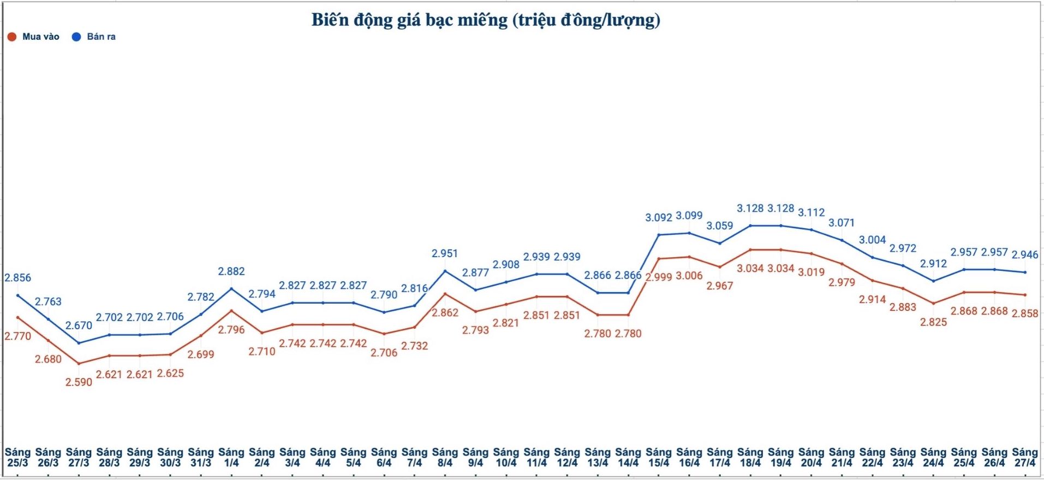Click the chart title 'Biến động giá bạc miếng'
pos(485,20)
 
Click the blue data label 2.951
pos(445,253)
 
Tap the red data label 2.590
pos(79,382)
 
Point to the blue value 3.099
pos(689,216)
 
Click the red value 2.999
pos(659,277)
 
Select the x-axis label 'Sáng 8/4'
pos(445,458)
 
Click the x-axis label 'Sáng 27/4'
pos(1025,458)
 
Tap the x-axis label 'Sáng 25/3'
pos(17,458)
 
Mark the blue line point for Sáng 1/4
pos(231,288)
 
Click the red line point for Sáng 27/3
pos(79,364)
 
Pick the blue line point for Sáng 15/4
pos(659,235)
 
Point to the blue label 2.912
pos(933,264)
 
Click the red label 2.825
pos(933,322)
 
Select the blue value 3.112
pos(812,212)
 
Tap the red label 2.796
pos(231,330)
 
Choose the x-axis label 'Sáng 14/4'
pos(628,458)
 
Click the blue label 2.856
pos(18,278)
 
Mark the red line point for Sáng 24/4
pos(933,304)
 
